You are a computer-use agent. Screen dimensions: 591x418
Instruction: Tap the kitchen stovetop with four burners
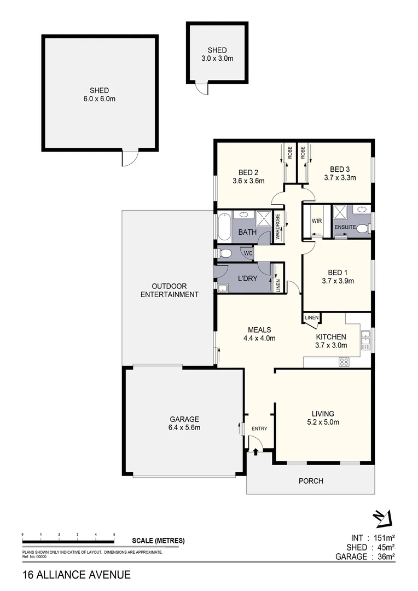[345, 361]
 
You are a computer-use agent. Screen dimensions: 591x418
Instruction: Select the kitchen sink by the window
[365, 342]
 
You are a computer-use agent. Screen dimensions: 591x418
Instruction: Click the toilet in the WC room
[225, 253]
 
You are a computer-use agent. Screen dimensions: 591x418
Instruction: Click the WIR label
[316, 222]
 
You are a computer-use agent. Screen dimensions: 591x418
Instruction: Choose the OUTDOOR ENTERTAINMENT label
[169, 290]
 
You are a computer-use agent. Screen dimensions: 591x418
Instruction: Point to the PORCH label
[310, 481]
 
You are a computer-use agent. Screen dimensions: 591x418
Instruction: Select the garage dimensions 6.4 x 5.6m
[183, 427]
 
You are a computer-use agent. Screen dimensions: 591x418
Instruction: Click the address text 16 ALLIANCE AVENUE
[77, 575]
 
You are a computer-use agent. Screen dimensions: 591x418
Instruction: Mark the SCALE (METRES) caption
[158, 541]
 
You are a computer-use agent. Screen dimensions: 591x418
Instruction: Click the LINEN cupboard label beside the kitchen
[311, 317]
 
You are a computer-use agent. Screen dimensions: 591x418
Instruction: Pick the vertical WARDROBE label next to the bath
[277, 227]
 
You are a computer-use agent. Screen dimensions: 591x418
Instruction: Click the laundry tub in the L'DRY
[223, 288]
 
